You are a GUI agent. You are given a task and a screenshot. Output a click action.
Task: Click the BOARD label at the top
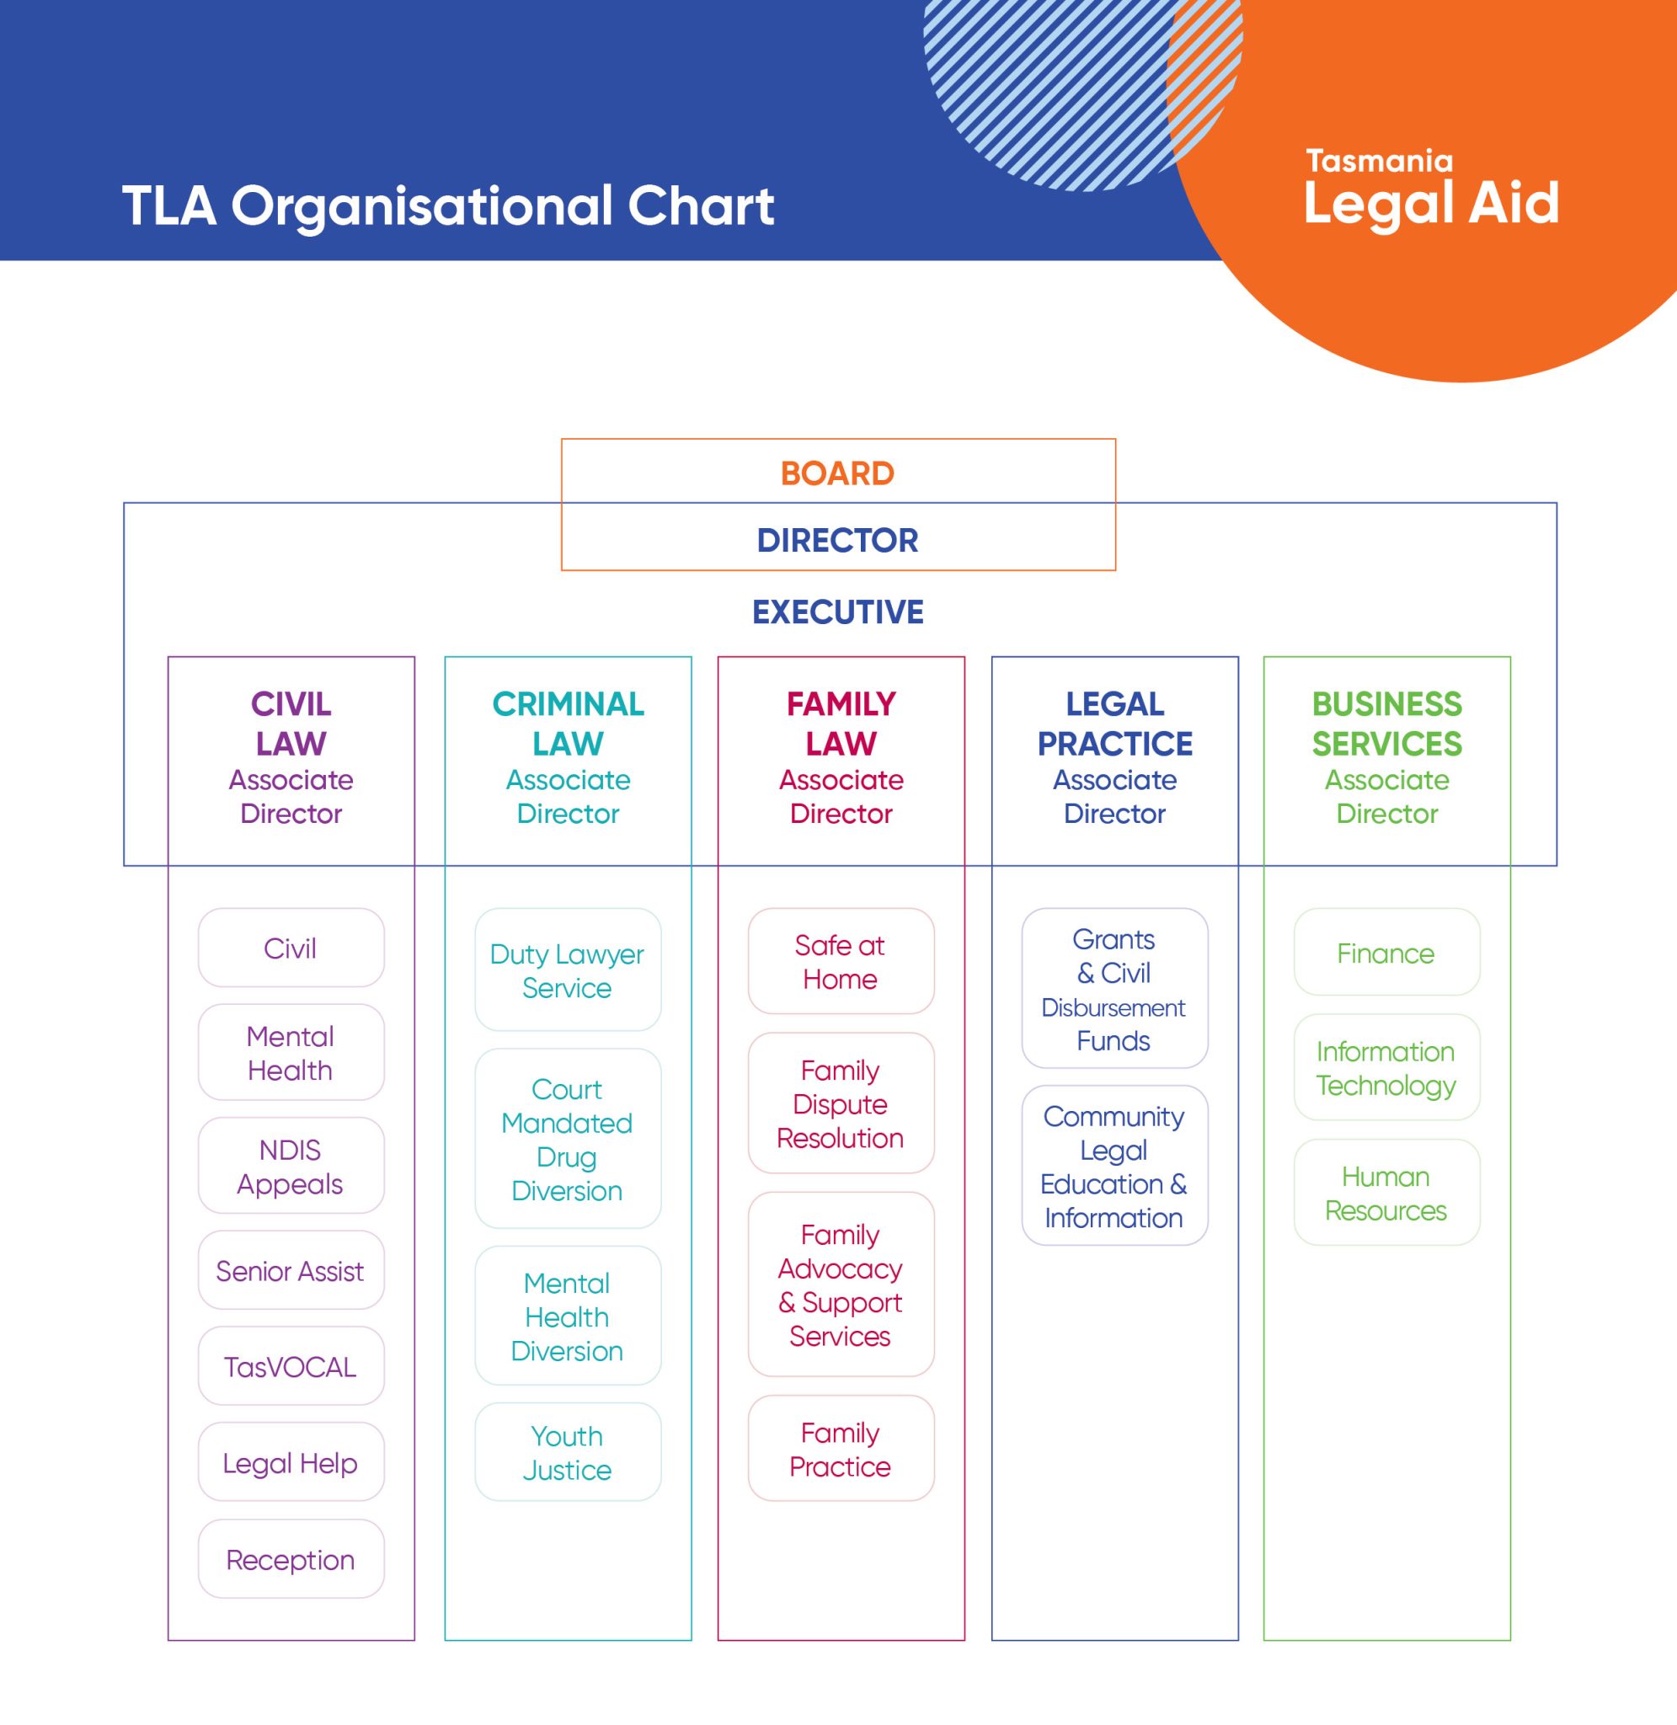(836, 473)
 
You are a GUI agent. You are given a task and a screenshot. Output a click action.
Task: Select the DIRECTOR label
(836, 540)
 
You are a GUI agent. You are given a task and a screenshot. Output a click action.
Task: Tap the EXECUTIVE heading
(836, 612)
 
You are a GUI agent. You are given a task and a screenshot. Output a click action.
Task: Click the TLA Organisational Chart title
(447, 206)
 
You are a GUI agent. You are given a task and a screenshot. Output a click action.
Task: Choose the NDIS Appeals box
(291, 1166)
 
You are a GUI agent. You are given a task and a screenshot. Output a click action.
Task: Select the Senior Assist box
(291, 1270)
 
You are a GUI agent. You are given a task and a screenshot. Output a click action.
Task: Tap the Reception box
(291, 1559)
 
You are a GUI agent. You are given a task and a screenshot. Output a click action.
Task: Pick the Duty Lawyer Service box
(567, 970)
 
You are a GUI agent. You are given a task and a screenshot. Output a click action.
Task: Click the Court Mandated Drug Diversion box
(567, 1139)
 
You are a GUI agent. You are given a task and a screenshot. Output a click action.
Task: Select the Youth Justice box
(567, 1452)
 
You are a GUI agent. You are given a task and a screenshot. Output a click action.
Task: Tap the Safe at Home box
(841, 962)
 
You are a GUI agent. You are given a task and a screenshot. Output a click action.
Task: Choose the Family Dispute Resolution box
(841, 1103)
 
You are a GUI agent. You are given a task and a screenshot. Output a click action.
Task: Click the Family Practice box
(841, 1449)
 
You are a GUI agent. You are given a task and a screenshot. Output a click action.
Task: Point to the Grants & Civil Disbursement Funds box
(1114, 989)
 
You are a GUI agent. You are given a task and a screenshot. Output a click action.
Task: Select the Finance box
(1386, 953)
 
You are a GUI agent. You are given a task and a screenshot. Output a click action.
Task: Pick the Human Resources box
(1386, 1194)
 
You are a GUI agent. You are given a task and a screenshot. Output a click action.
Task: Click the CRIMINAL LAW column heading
(568, 724)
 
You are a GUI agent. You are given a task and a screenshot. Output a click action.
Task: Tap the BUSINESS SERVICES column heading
(1387, 724)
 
